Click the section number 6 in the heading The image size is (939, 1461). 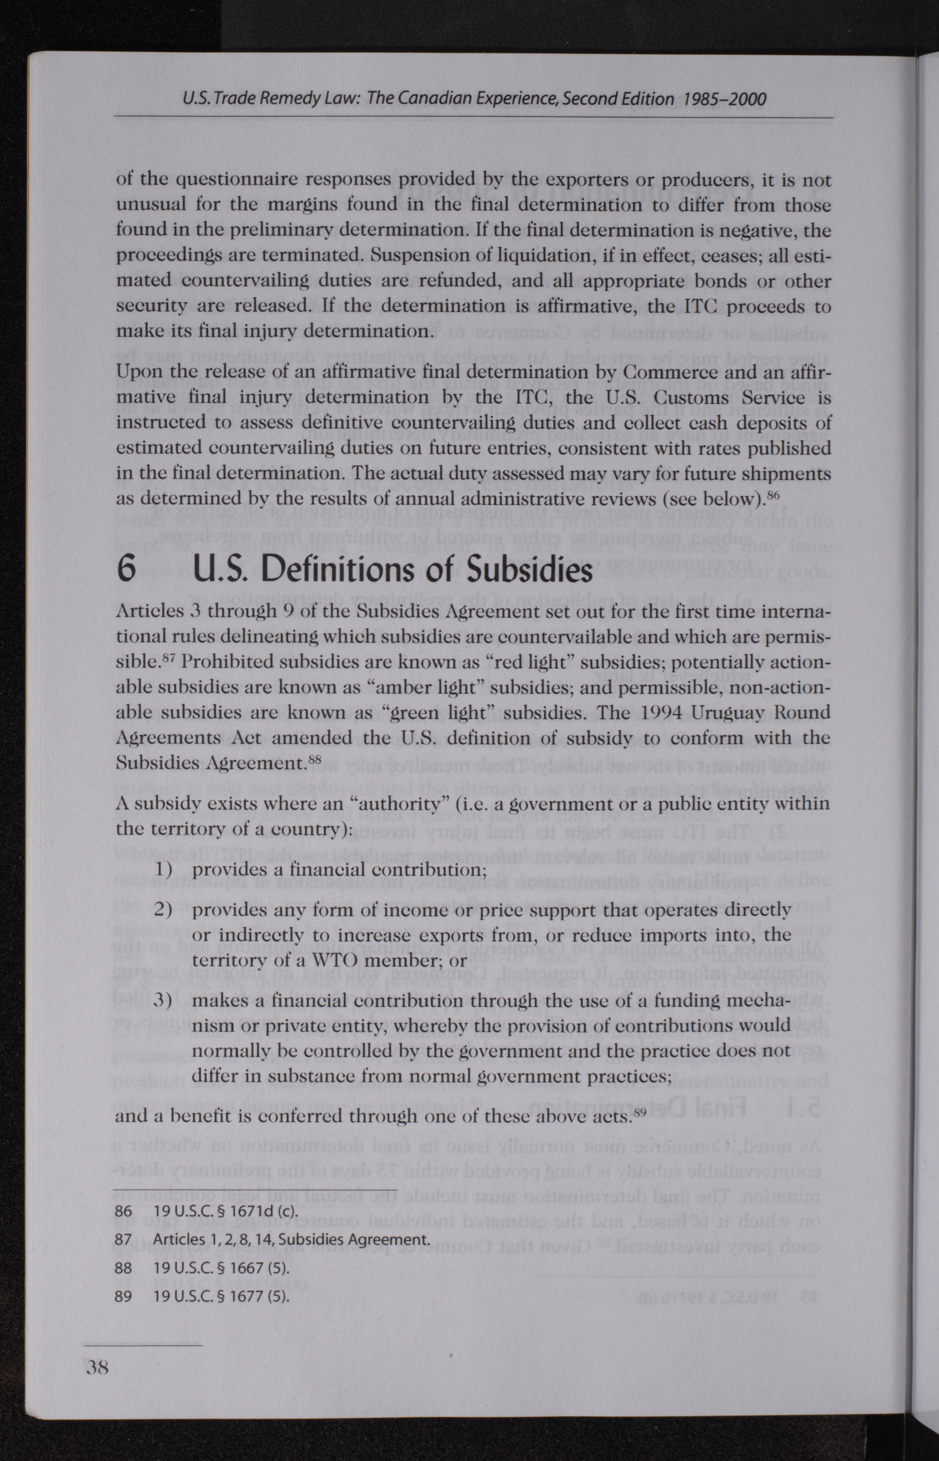point(126,569)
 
